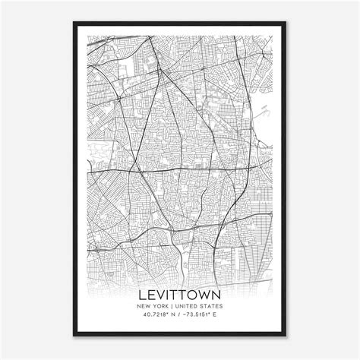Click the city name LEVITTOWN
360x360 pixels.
click(179, 293)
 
